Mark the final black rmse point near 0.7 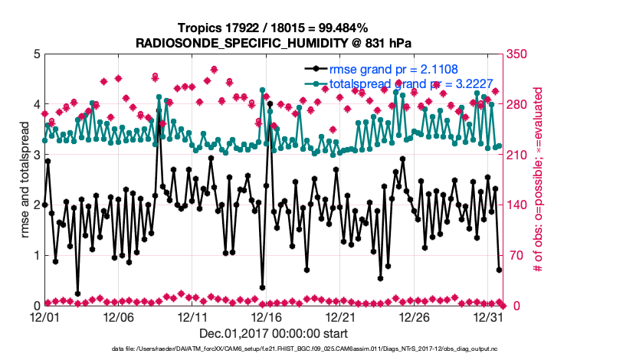pyautogui.click(x=499, y=270)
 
